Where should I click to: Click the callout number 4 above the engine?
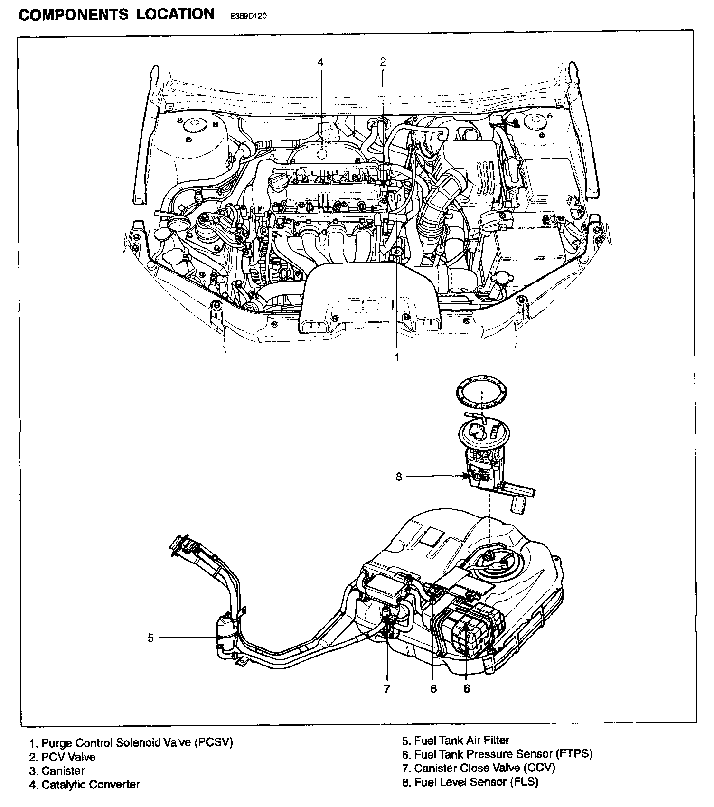320,62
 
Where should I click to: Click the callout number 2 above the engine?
383,61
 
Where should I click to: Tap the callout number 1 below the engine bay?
397,357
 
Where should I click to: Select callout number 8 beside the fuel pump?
399,476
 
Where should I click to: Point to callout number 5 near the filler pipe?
151,638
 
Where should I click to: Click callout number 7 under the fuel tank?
387,688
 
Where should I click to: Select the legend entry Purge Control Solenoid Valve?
132,742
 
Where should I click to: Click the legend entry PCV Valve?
62,757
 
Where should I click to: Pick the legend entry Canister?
57,771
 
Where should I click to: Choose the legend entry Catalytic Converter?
85,785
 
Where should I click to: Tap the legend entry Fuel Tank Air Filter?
456,740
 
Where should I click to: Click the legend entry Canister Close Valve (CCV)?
479,768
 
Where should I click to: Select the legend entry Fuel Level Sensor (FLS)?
470,782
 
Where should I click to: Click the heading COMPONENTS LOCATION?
116,14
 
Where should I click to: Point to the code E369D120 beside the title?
249,16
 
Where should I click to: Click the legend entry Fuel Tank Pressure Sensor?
497,754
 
